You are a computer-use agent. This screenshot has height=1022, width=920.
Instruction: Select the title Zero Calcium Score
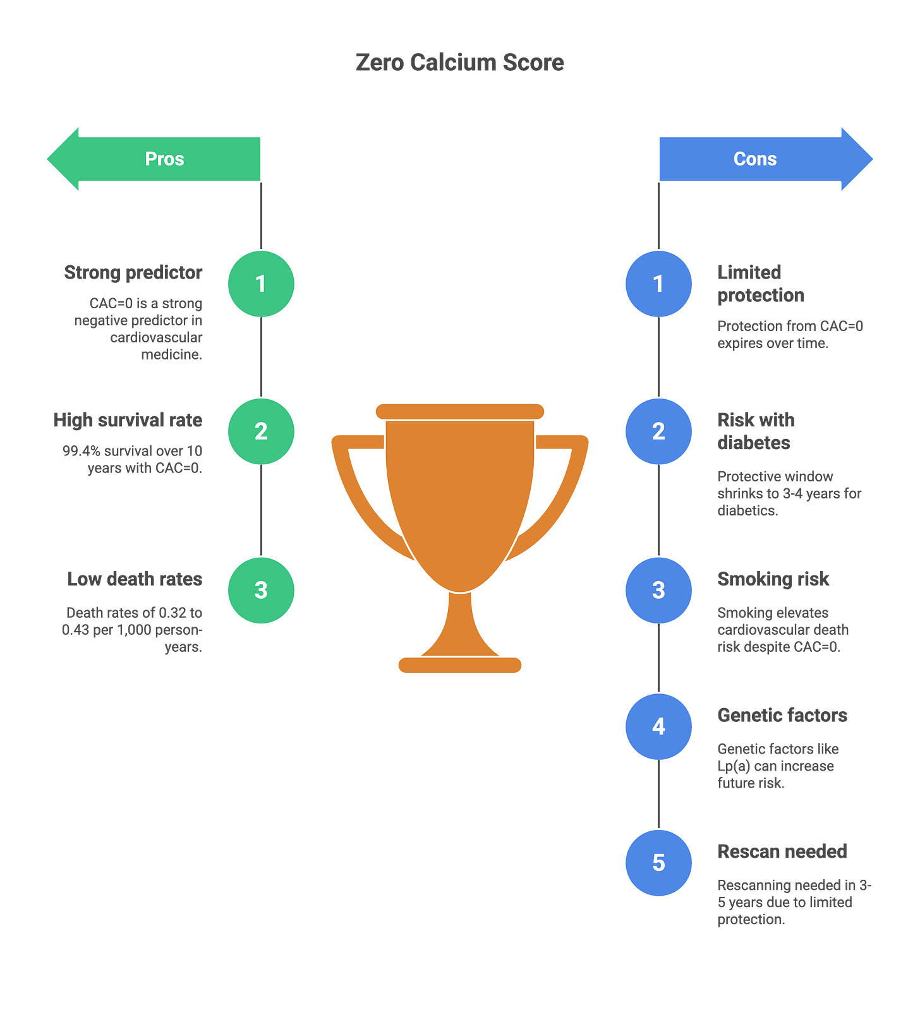coord(460,63)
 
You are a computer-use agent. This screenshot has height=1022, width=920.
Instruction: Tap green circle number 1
coord(261,284)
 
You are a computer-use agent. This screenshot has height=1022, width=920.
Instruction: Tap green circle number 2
coord(261,431)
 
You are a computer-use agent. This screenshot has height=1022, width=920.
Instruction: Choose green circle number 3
coord(261,590)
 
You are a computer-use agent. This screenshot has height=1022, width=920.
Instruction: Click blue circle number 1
coord(658,284)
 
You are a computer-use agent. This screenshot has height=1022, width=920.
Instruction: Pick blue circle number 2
coord(658,431)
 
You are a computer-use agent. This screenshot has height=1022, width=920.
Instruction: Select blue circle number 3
coord(658,590)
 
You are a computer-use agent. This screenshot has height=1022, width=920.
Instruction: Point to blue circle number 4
coord(658,726)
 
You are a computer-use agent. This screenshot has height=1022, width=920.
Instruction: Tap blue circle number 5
coord(658,863)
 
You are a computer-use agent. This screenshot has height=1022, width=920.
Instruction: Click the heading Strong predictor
coord(133,272)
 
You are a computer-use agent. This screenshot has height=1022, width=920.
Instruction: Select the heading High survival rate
coord(128,420)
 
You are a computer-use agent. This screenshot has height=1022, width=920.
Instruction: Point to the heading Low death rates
coord(135,579)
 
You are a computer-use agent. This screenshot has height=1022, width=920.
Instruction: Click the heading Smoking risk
coord(773,579)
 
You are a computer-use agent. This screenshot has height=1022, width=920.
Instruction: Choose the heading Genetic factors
coord(782,715)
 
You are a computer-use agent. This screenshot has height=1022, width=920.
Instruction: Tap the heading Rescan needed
coord(782,851)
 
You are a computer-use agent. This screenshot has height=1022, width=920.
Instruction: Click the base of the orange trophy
coord(460,664)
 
